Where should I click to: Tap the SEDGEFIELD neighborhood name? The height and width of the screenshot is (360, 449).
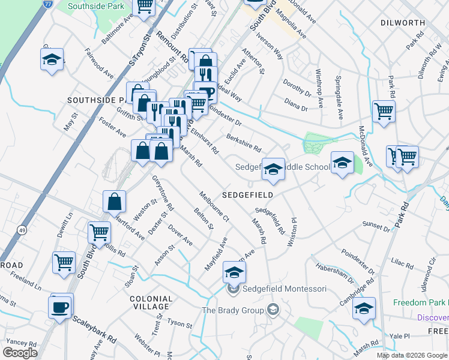[x=248, y=195]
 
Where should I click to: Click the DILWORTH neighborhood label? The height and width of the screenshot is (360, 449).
[x=402, y=23]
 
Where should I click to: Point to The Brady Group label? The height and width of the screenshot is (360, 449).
[x=233, y=310]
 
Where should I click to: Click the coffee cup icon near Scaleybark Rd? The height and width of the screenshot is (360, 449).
[x=60, y=307]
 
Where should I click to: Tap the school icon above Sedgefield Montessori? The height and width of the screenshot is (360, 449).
[x=234, y=272]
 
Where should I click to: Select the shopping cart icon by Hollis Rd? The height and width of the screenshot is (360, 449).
[x=99, y=232]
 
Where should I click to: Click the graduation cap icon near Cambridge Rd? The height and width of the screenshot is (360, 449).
[x=364, y=308]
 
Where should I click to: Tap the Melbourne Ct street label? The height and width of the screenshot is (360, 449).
[x=214, y=206]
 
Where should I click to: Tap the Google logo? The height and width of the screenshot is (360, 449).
[x=19, y=352]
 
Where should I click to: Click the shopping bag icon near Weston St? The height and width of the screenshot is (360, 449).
[x=114, y=203]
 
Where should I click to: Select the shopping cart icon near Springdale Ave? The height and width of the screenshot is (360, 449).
[x=384, y=111]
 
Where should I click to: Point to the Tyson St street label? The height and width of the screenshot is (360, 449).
[x=179, y=324]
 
